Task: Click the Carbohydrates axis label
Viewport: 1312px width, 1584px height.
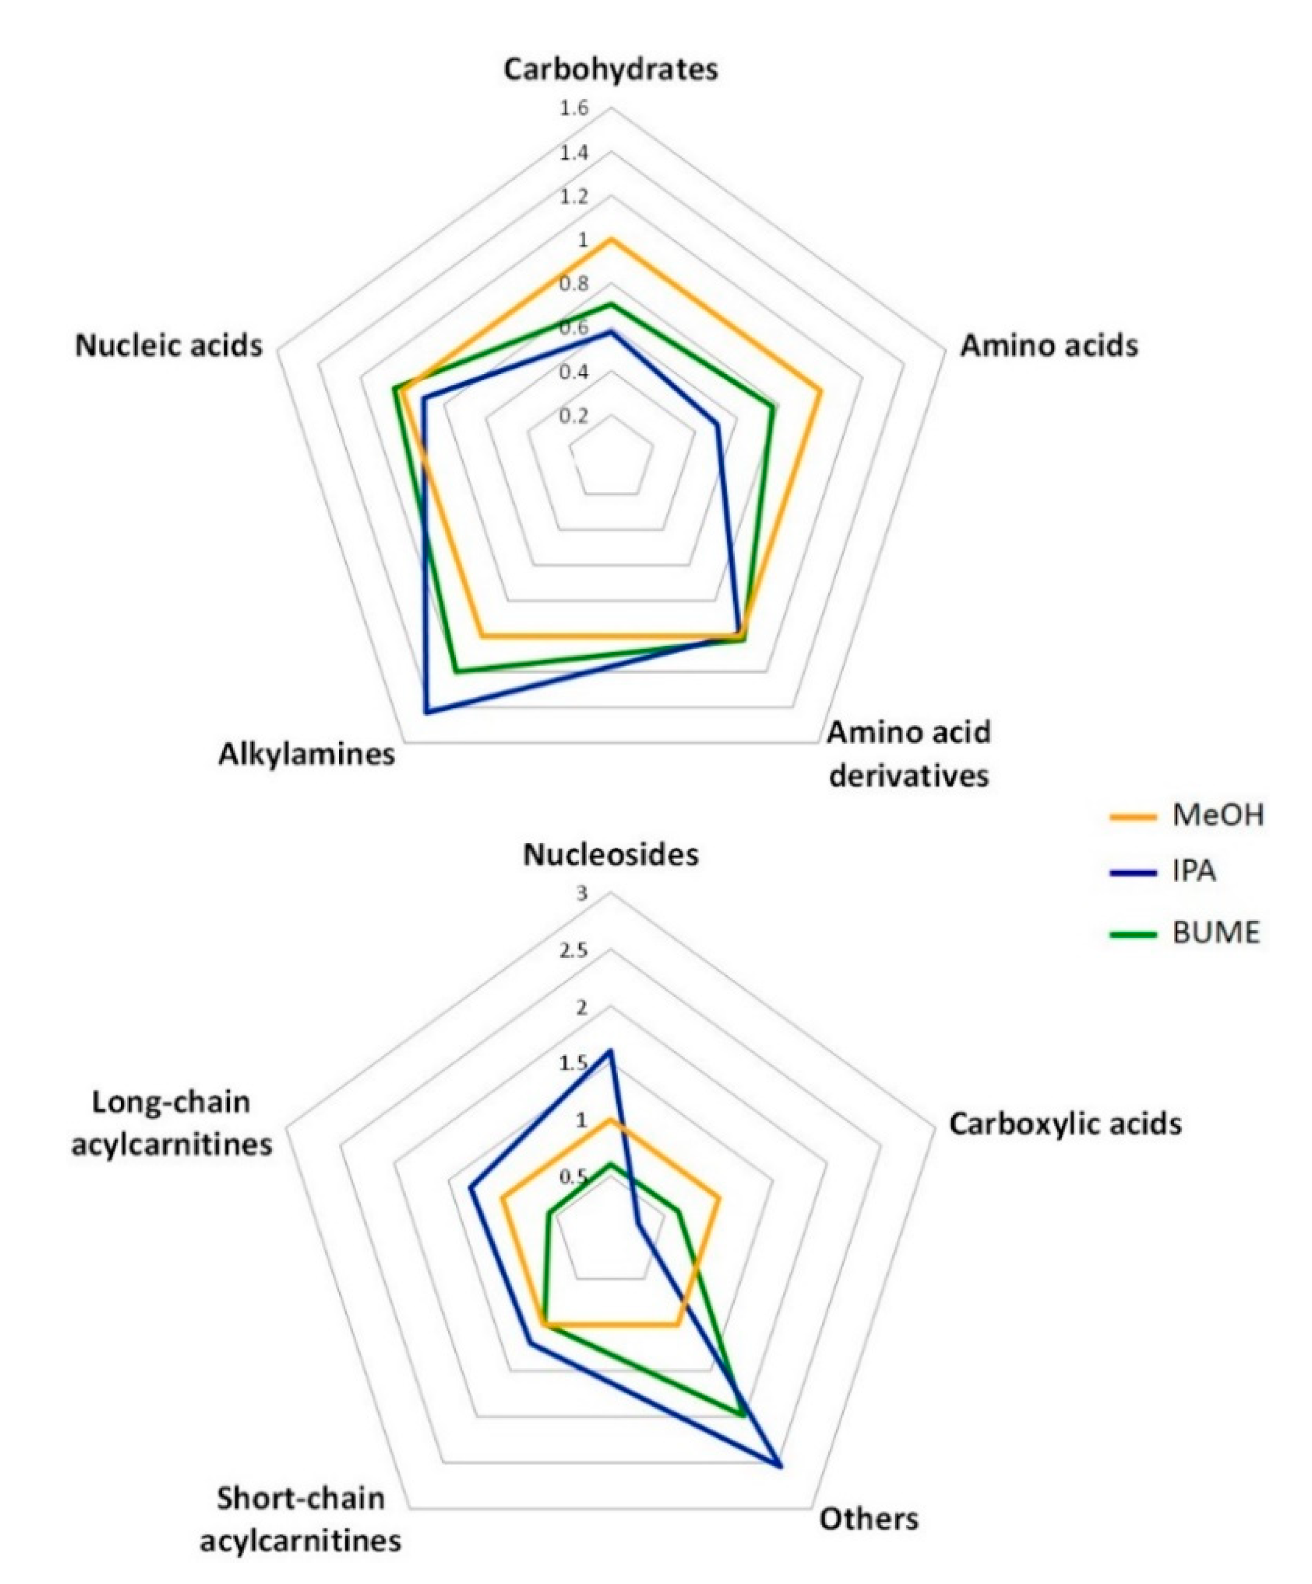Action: [610, 69]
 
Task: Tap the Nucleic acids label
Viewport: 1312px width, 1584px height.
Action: [169, 345]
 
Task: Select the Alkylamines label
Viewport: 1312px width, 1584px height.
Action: [306, 754]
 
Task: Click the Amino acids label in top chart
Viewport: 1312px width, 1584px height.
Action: [1049, 345]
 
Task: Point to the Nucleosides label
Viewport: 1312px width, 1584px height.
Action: [610, 854]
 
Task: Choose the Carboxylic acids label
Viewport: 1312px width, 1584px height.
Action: [1065, 1124]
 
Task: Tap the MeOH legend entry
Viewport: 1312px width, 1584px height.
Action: [1217, 815]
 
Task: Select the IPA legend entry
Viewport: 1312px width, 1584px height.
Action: [1193, 872]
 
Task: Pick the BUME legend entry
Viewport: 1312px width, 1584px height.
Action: [1215, 933]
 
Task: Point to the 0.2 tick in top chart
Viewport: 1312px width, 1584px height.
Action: [573, 416]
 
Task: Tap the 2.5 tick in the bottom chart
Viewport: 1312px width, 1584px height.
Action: [573, 951]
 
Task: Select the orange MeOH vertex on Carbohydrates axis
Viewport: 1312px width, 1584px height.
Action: [611, 239]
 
